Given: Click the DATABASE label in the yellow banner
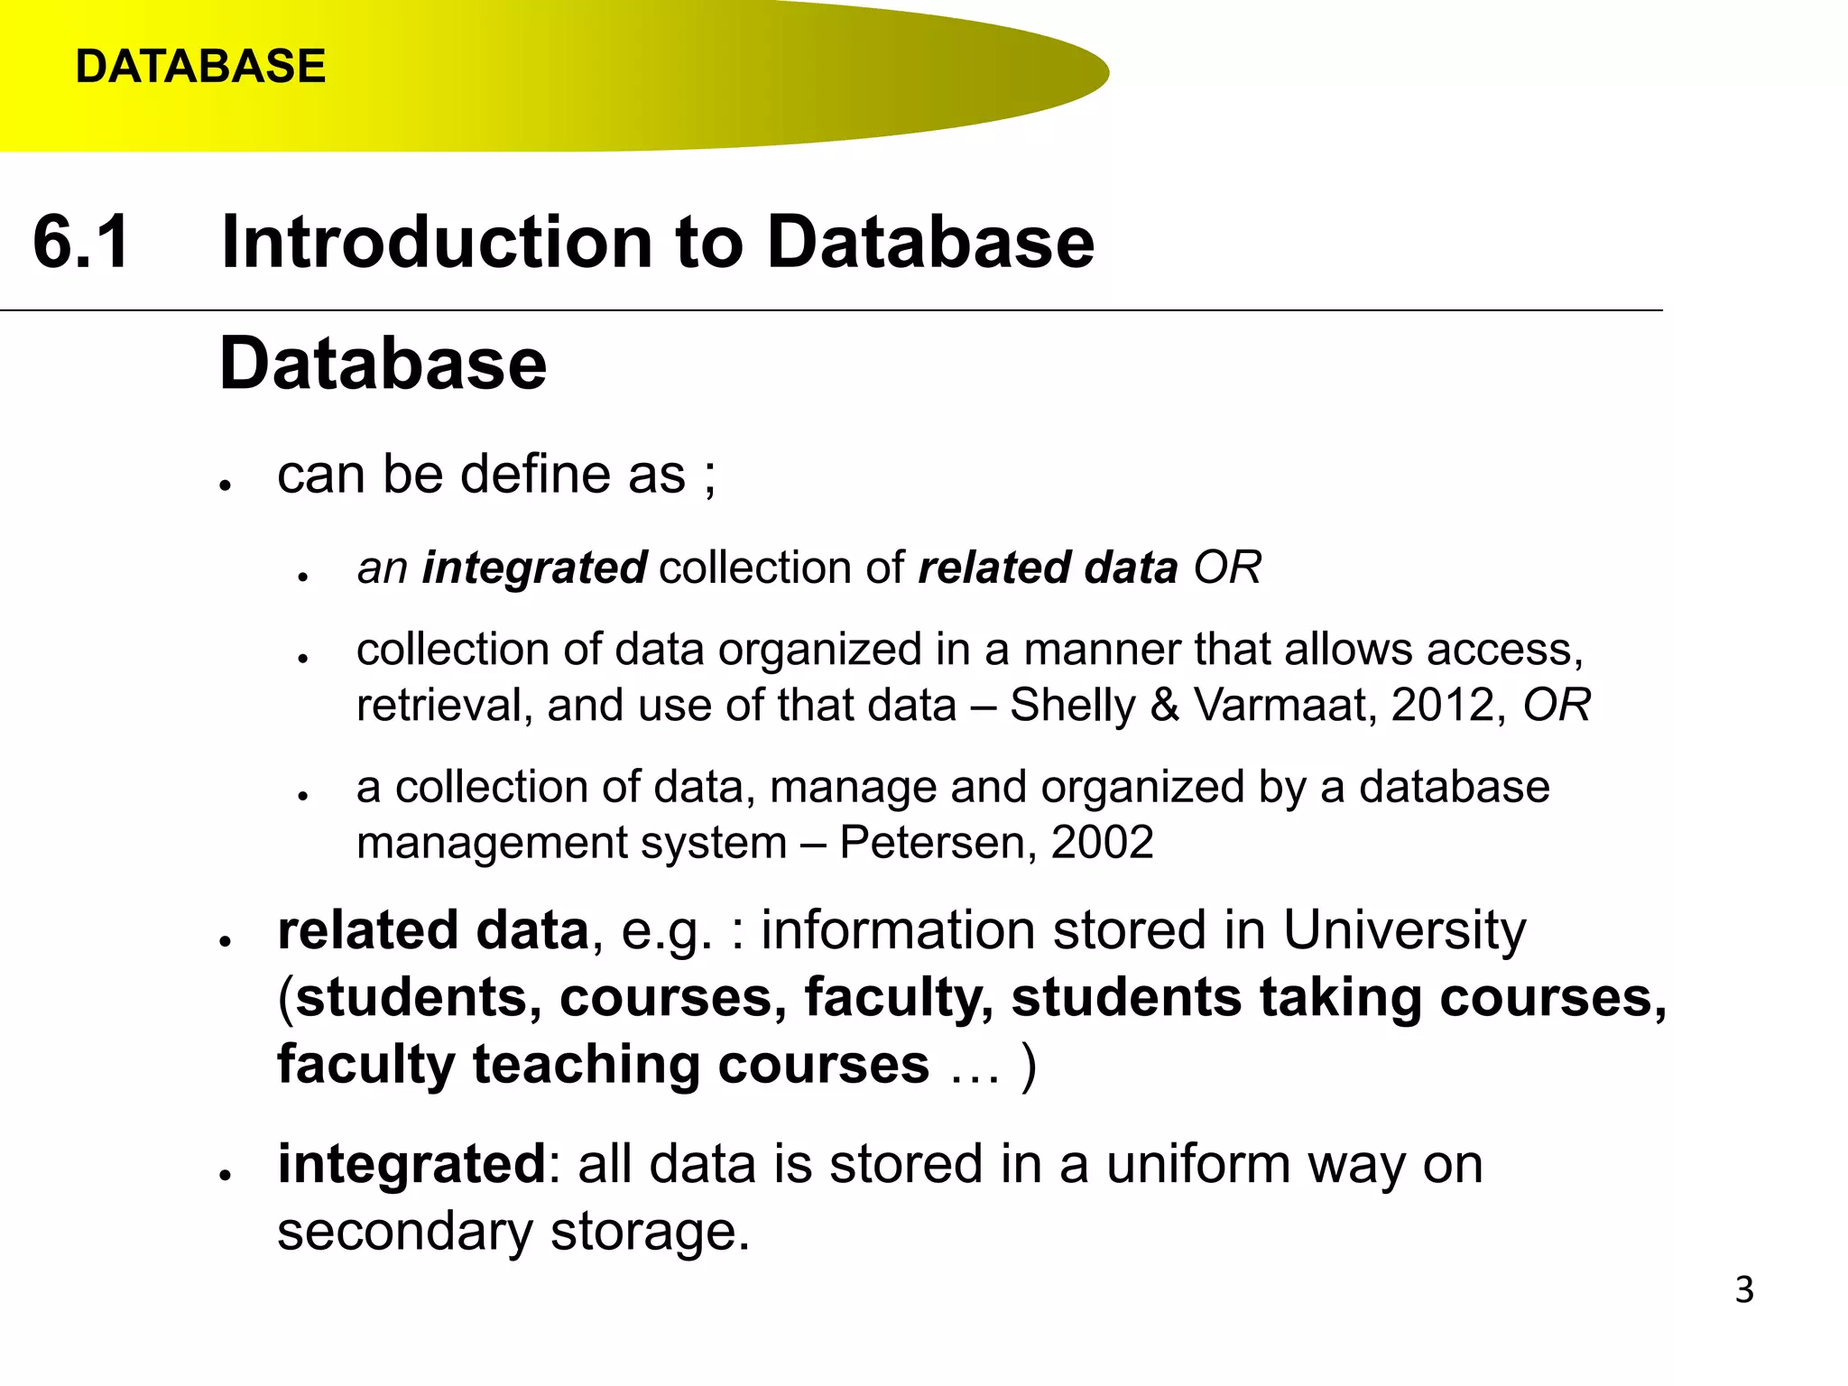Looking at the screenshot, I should (x=200, y=67).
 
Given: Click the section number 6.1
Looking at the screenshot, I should (x=81, y=242).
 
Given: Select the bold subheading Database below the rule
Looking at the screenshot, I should (x=383, y=363).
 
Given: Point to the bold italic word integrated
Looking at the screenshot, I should (x=534, y=568).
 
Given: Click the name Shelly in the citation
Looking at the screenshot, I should (x=1072, y=705).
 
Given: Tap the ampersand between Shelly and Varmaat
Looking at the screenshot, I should (x=1165, y=705).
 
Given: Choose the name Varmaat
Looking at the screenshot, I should (x=1281, y=705).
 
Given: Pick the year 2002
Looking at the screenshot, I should (x=1102, y=843).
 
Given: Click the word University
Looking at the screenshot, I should (x=1404, y=930).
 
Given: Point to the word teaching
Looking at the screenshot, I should (x=587, y=1065).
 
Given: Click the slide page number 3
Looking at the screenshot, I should (x=1744, y=1289).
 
